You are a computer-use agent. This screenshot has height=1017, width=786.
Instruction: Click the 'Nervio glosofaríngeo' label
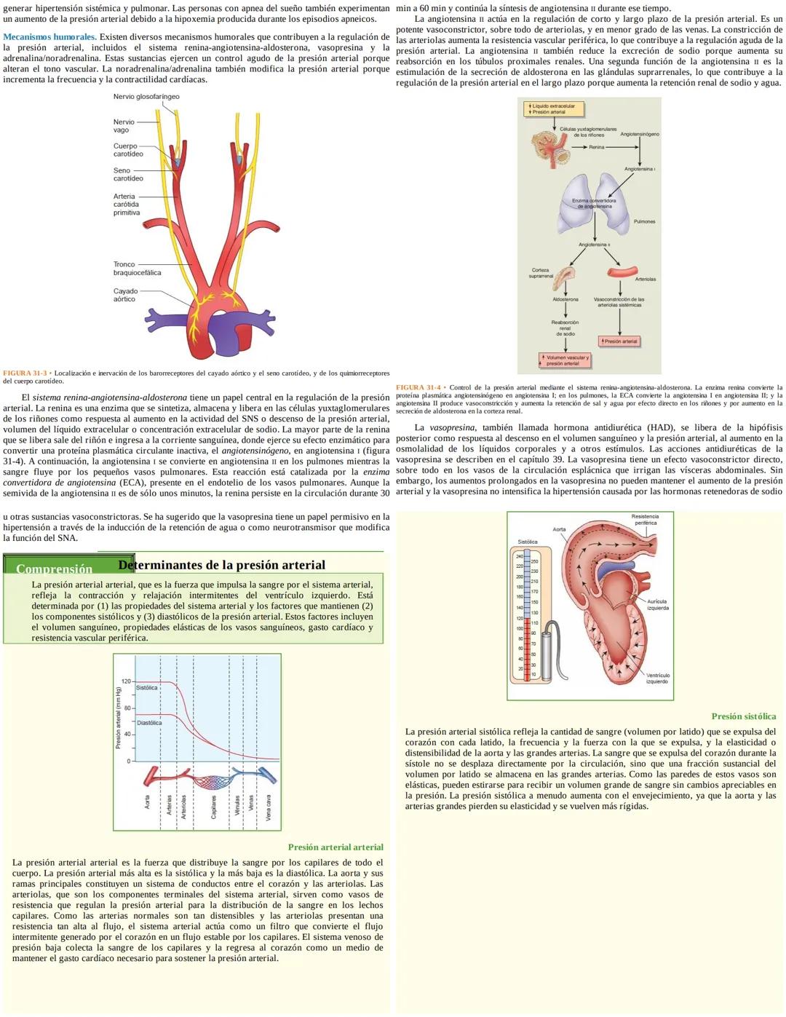click(146, 97)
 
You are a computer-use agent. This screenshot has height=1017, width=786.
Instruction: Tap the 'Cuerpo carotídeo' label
click(128, 150)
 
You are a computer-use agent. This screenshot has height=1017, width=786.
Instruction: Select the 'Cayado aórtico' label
click(125, 295)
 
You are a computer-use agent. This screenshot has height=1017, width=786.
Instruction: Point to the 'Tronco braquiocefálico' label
click(137, 269)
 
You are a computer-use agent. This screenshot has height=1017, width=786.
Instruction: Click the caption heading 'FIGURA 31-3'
click(25, 373)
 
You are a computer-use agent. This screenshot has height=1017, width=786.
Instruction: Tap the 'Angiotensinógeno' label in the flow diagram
click(640, 134)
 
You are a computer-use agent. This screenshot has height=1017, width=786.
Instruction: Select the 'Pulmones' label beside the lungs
click(644, 221)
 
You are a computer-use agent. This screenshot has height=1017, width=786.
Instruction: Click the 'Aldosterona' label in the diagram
click(565, 299)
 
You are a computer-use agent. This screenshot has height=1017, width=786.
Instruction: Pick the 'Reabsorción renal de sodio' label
click(565, 328)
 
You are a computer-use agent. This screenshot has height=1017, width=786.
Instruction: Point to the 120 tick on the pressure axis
click(125, 681)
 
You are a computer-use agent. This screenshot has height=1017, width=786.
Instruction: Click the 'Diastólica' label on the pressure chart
click(149, 723)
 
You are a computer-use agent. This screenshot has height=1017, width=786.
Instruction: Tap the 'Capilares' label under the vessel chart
click(214, 806)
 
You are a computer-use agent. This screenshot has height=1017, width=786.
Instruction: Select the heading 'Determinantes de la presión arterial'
click(221, 565)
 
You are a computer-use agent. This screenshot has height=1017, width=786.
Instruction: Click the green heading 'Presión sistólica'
click(743, 716)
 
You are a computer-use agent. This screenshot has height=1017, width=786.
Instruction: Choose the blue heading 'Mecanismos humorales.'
click(50, 37)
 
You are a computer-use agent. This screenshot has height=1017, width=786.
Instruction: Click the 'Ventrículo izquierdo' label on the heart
click(658, 678)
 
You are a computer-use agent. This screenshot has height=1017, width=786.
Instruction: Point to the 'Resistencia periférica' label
click(646, 519)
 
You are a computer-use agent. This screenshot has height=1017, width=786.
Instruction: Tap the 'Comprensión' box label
click(55, 569)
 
